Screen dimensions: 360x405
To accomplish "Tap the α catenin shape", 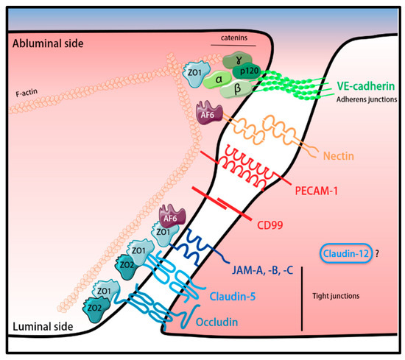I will click(x=218, y=77).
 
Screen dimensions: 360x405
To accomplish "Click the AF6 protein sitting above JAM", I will click(x=169, y=217).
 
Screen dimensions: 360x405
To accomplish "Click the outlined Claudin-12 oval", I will click(x=345, y=253).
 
